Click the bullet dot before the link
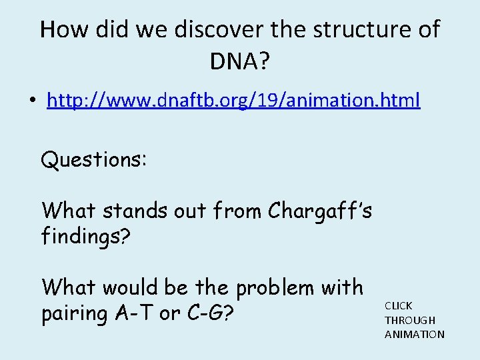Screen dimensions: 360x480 click(31, 102)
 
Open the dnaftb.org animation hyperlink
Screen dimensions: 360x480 click(233, 101)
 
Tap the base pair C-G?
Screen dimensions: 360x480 click(212, 313)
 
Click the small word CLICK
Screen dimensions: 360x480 click(398, 305)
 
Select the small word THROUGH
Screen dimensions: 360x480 click(410, 320)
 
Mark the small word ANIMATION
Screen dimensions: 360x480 click(414, 334)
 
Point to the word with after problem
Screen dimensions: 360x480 click(346, 287)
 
